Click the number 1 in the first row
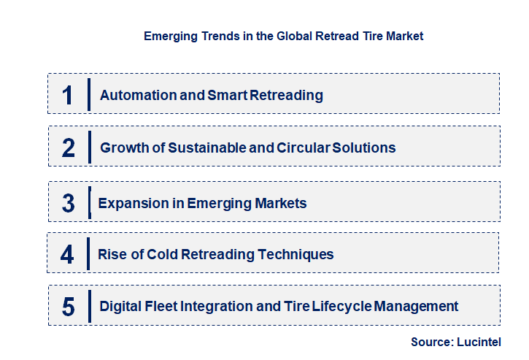click(x=68, y=95)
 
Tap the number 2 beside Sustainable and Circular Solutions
click(x=69, y=148)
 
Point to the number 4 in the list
click(x=68, y=255)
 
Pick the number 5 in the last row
click(x=68, y=307)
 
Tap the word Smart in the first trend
click(x=218, y=96)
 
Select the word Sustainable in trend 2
click(x=206, y=148)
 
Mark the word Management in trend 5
click(x=417, y=307)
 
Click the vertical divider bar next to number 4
click(x=88, y=254)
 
